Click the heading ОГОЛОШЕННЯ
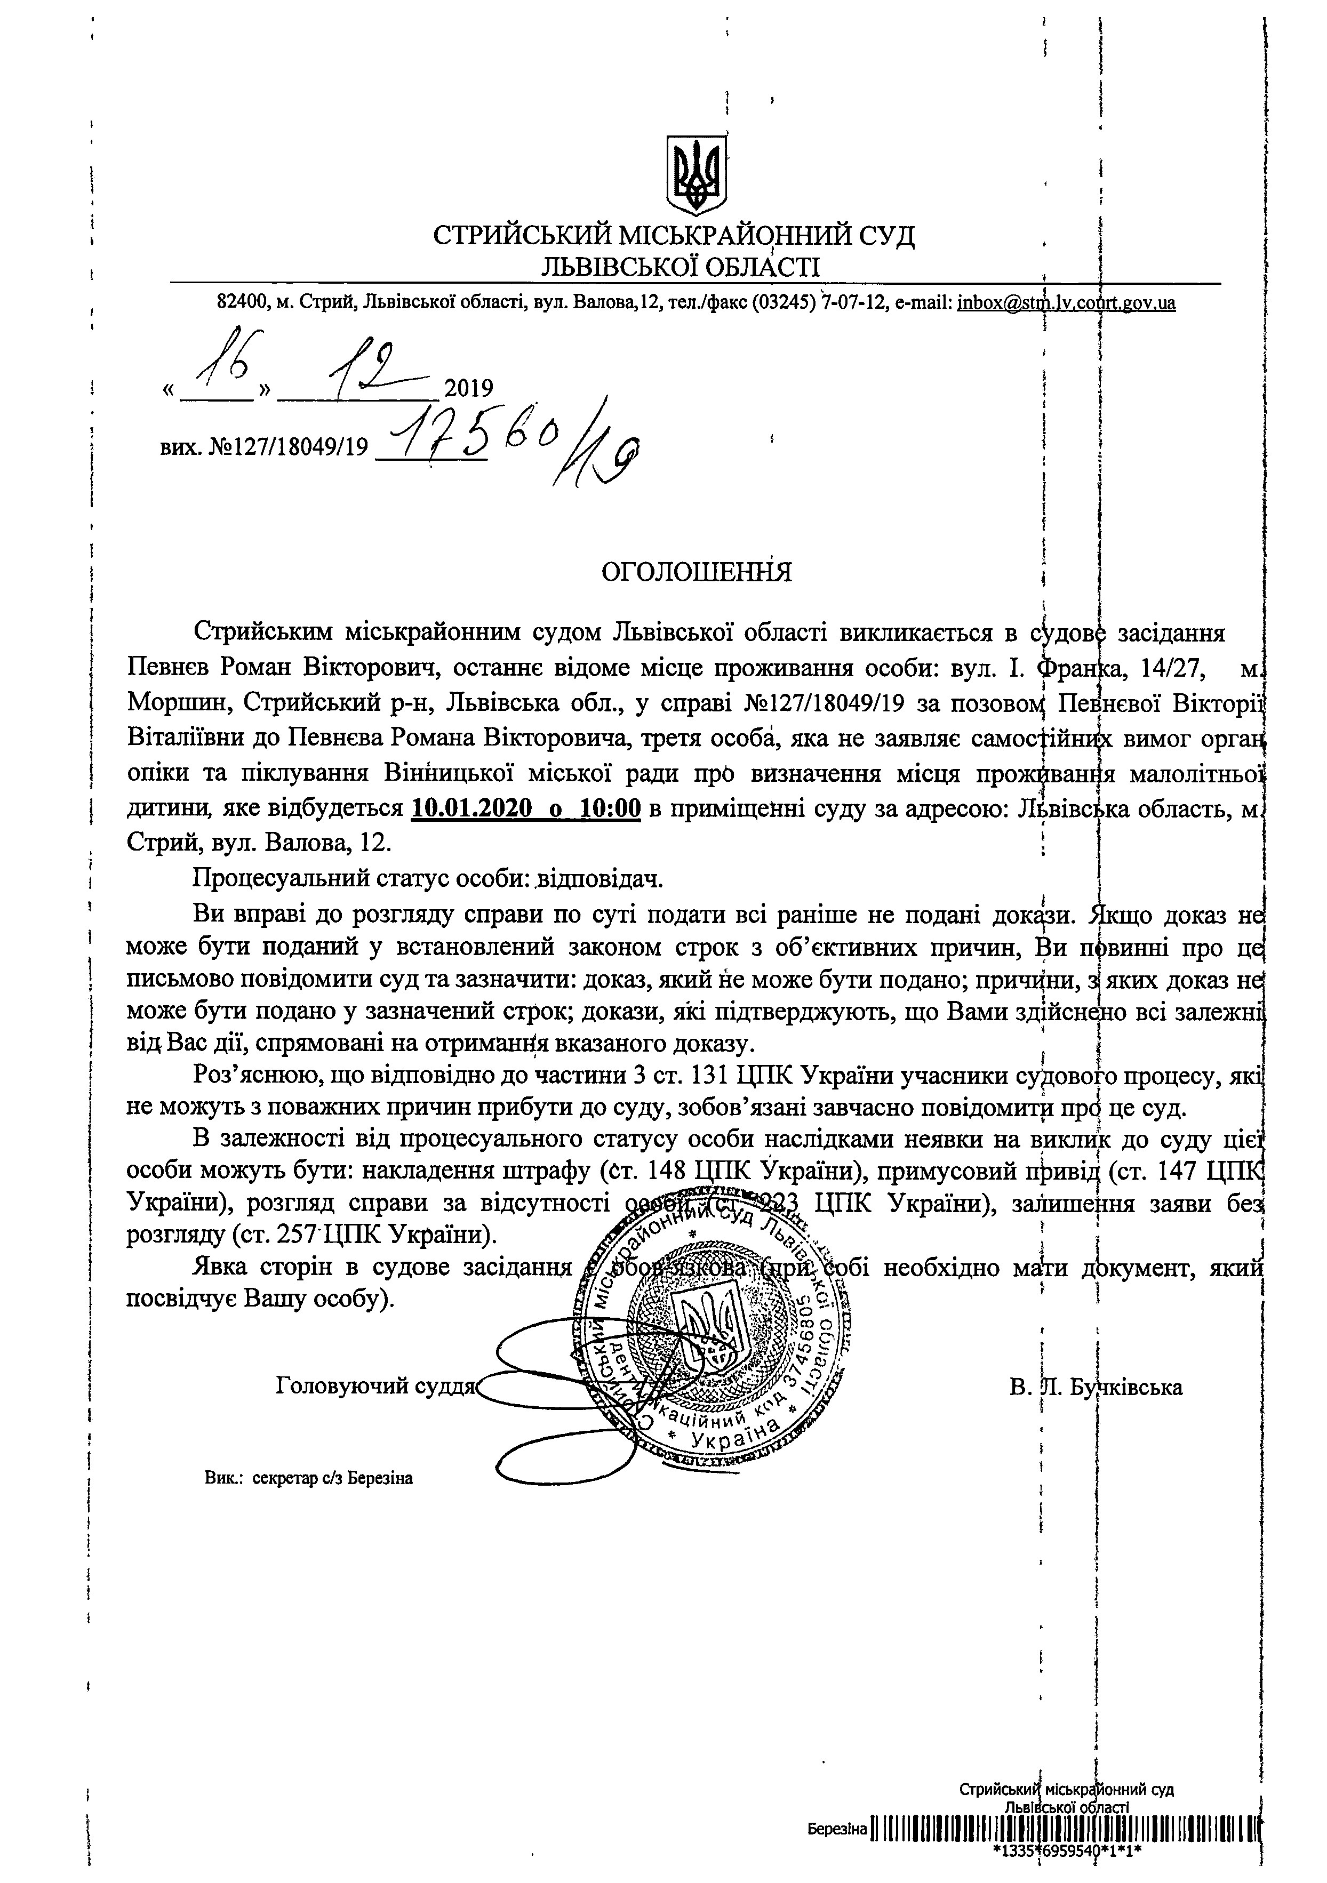[697, 572]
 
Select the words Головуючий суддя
[375, 1387]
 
